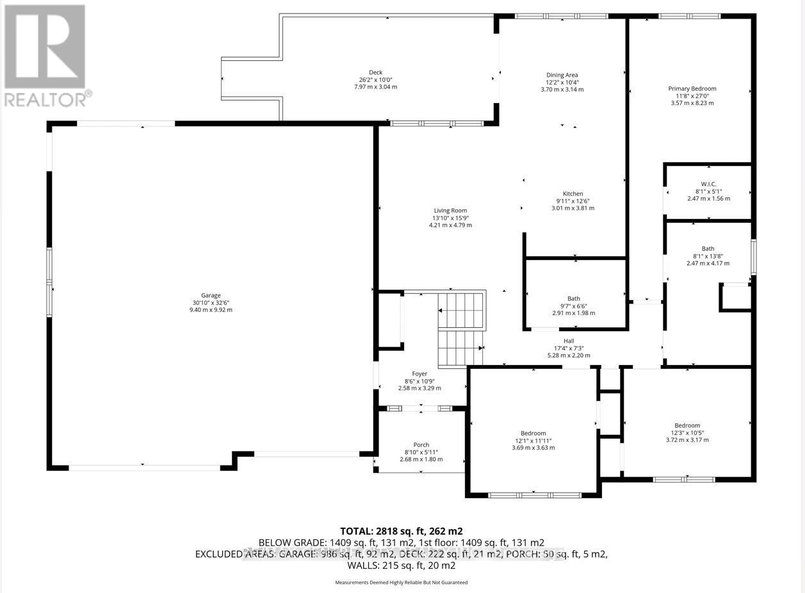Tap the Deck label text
[x=375, y=72]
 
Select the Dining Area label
[x=562, y=75]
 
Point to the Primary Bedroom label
[x=692, y=88]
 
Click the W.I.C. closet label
[x=708, y=184]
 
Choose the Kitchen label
[x=573, y=193]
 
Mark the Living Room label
[x=450, y=210]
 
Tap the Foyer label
[x=419, y=373]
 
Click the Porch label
[x=421, y=445]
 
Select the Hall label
[x=569, y=341]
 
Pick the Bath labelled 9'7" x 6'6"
[x=573, y=298]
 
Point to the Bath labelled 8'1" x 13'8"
[x=708, y=248]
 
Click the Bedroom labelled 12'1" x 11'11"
[x=533, y=433]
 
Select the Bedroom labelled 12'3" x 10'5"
[x=687, y=425]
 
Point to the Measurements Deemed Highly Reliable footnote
[x=402, y=583]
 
